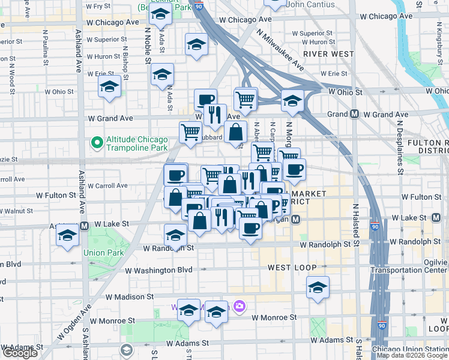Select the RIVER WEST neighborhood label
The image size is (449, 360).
(328, 54)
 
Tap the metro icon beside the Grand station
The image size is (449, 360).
(355, 114)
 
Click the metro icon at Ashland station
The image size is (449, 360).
(85, 226)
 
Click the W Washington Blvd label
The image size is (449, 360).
(158, 271)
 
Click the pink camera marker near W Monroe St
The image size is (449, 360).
(240, 307)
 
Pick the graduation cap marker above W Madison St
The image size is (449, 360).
(318, 287)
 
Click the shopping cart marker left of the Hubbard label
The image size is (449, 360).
(191, 131)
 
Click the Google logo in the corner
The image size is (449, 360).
(20, 353)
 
